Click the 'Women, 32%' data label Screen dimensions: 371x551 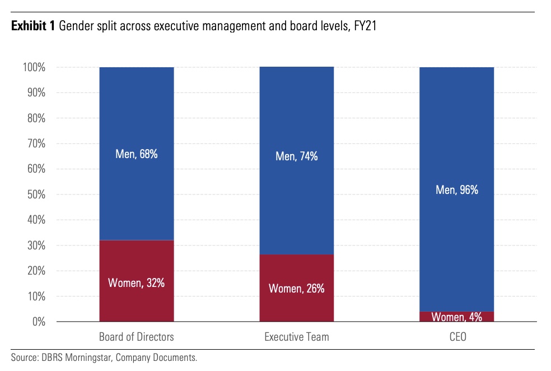[137, 283]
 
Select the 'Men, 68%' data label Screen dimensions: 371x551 [137, 154]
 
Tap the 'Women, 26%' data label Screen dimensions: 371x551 [297, 289]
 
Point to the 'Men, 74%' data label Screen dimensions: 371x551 [297, 157]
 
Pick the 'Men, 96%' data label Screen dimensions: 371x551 [457, 190]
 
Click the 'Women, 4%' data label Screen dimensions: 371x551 [457, 317]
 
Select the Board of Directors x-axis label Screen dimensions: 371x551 [137, 337]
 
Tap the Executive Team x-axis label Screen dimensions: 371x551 [297, 337]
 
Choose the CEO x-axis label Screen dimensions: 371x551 [457, 337]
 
